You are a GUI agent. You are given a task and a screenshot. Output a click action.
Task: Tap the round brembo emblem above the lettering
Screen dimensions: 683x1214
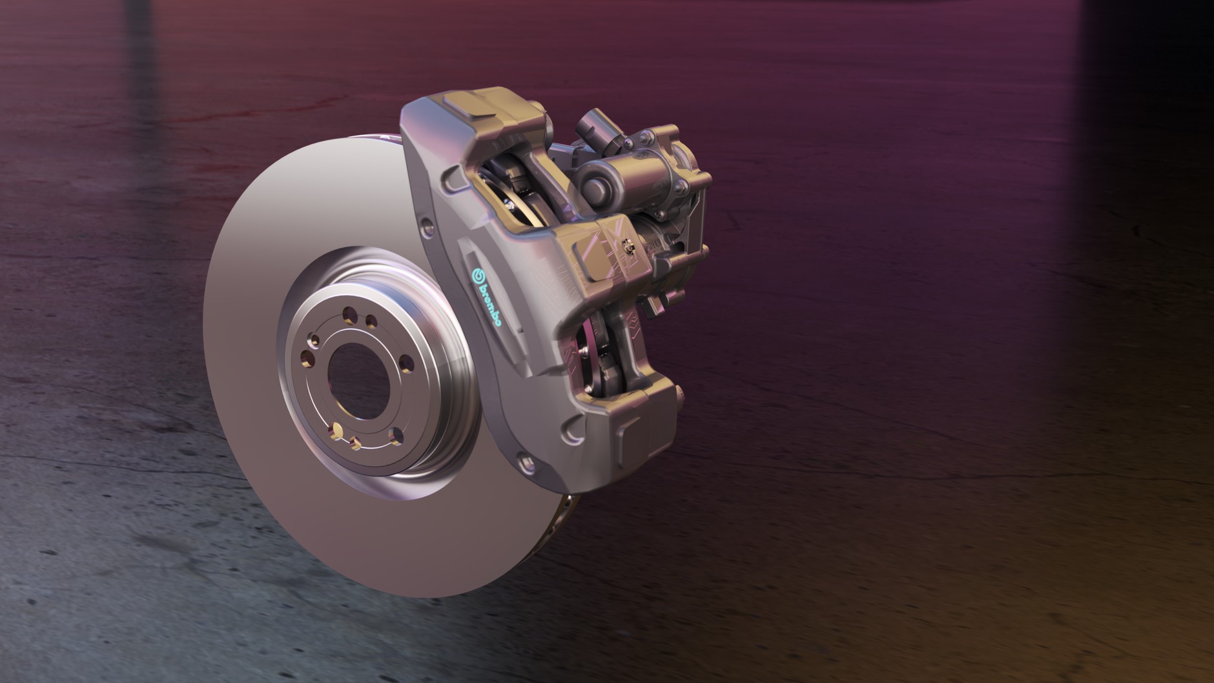tap(478, 274)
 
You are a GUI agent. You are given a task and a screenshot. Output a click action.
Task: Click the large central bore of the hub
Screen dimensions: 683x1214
tap(354, 374)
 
